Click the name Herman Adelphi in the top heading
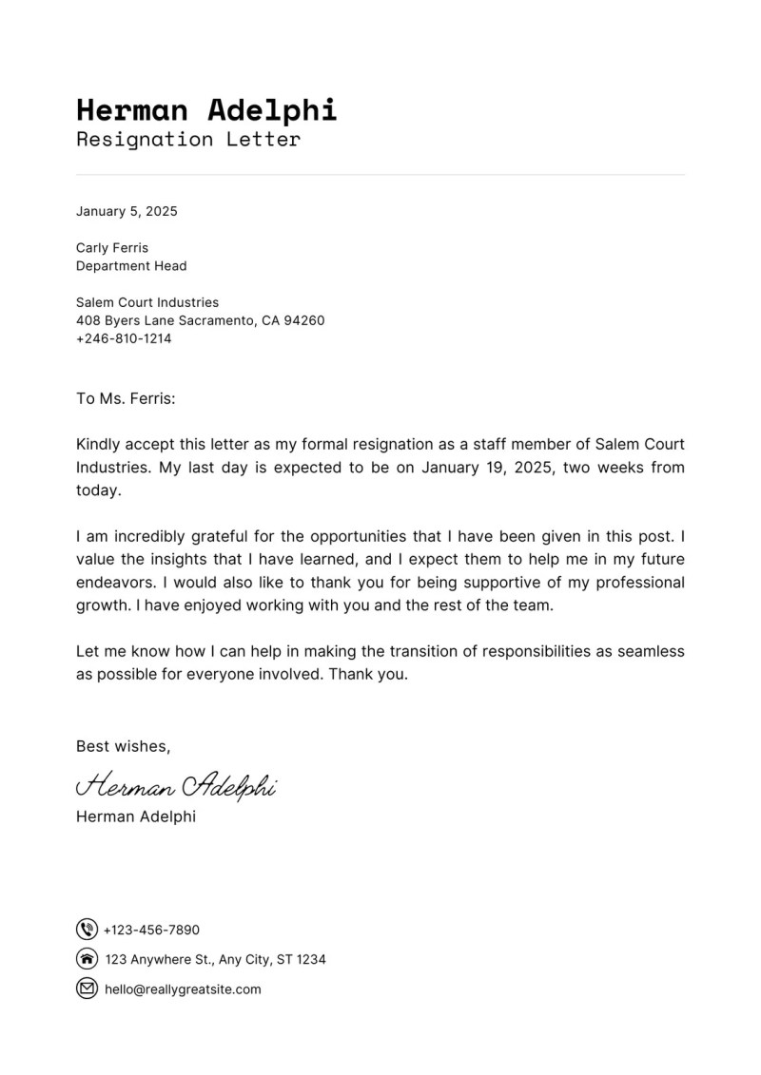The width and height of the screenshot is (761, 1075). tap(206, 109)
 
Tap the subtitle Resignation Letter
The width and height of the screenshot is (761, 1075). tap(188, 140)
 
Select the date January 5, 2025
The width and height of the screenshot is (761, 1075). tap(127, 211)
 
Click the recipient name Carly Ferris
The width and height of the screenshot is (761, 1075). tap(112, 248)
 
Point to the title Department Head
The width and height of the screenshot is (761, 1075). tap(131, 266)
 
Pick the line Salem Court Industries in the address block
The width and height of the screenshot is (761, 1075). tap(147, 302)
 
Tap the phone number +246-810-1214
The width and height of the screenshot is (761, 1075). tap(124, 338)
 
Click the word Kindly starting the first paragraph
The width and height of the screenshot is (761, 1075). tap(99, 444)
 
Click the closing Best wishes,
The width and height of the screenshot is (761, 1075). tap(124, 746)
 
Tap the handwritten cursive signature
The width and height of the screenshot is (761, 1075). tap(176, 785)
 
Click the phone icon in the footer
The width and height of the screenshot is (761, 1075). tap(87, 930)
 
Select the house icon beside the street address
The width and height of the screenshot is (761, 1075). tap(87, 959)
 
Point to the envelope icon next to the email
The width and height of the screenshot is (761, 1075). tap(87, 989)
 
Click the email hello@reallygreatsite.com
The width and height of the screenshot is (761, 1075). tap(183, 989)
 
